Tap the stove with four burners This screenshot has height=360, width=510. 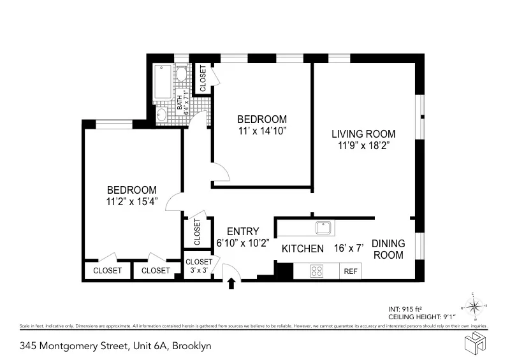[x=316, y=271]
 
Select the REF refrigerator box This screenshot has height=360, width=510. [x=351, y=271]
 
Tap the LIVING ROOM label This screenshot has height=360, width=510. [x=363, y=134]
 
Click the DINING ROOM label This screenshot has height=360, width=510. [x=388, y=248]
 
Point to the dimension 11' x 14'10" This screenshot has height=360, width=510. [x=262, y=131]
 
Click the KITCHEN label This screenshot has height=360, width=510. [x=303, y=248]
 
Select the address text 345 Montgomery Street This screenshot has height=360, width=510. [x=115, y=347]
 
